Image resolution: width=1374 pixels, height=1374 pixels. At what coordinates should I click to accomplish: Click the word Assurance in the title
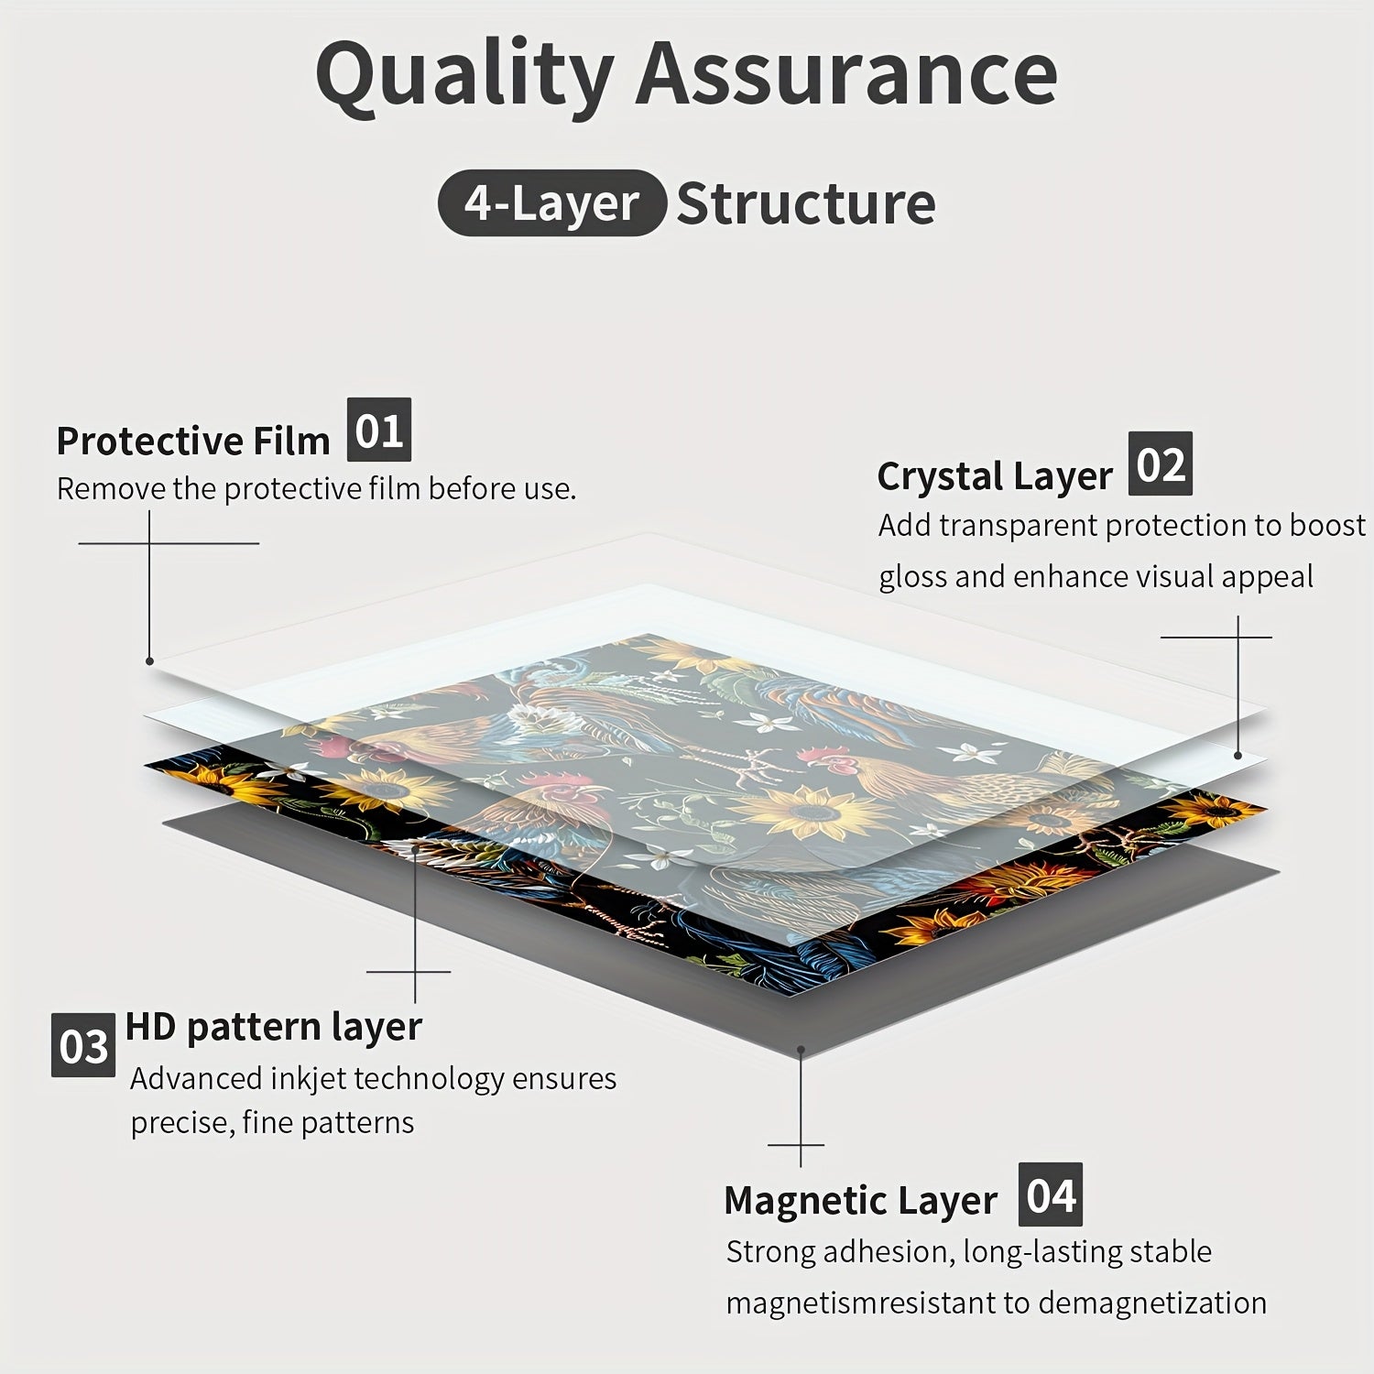[x=846, y=73]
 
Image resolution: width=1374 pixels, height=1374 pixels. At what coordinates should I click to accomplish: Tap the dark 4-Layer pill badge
[x=551, y=203]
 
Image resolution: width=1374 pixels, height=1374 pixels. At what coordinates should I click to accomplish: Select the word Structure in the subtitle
[x=806, y=203]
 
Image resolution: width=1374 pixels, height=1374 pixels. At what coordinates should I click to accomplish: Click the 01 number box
[x=379, y=430]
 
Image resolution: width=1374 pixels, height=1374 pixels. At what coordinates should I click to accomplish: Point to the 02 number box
[x=1160, y=463]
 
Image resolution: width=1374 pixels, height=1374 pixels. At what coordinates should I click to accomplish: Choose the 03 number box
[x=83, y=1045]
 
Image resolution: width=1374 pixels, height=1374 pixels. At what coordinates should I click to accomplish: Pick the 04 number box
[x=1050, y=1194]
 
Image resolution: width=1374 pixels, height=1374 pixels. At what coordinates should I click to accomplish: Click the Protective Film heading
[x=192, y=441]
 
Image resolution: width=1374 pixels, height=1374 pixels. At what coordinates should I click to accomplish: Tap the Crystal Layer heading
[x=995, y=475]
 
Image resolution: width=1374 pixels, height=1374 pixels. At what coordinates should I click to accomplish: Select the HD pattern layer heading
[x=273, y=1026]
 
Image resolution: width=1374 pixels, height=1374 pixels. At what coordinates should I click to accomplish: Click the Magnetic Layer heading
[x=860, y=1200]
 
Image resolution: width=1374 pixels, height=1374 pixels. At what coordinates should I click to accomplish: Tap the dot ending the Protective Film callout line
[x=149, y=660]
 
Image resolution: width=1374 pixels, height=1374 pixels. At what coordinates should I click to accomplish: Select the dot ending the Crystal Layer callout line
[x=1238, y=756]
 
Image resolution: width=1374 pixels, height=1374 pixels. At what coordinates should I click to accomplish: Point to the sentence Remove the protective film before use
[x=316, y=489]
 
